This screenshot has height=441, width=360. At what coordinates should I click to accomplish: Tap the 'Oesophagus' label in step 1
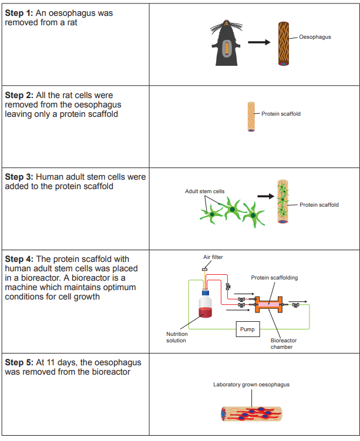315,37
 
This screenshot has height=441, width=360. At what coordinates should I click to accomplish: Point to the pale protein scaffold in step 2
251,116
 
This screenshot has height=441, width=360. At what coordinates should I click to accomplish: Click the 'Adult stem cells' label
204,191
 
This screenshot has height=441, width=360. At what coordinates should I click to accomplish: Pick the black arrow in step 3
267,196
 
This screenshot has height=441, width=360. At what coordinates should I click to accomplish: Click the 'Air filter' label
213,257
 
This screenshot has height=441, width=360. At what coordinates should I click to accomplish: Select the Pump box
247,329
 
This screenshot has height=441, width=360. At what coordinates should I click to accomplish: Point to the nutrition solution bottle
205,305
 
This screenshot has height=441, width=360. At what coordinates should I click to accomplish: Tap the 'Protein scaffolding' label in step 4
273,278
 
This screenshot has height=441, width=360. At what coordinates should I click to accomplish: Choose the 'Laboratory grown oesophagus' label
251,385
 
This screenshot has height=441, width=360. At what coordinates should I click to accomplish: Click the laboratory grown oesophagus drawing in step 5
251,415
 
